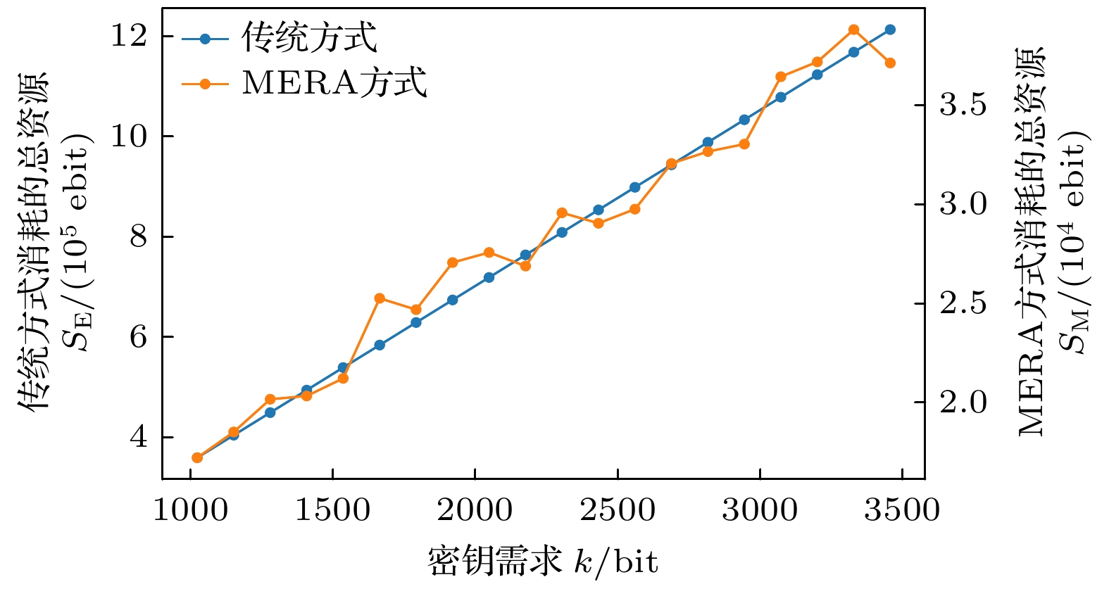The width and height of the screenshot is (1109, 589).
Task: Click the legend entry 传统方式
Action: (309, 39)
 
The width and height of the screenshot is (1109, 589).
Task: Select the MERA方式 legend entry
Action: (334, 83)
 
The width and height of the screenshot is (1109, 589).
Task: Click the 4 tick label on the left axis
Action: (139, 437)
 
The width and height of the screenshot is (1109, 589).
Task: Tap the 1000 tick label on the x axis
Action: (190, 510)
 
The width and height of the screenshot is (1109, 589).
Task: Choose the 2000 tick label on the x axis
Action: (475, 510)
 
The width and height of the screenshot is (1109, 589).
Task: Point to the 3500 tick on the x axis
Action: (902, 510)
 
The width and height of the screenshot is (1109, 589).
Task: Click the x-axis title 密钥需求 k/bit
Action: (543, 562)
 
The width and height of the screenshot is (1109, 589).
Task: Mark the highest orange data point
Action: (853, 30)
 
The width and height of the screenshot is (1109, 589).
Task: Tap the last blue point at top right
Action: (890, 30)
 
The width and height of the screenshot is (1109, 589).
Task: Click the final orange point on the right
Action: (890, 63)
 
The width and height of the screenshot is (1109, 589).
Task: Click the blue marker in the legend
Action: (205, 39)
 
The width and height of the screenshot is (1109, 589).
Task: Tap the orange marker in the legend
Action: (205, 84)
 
